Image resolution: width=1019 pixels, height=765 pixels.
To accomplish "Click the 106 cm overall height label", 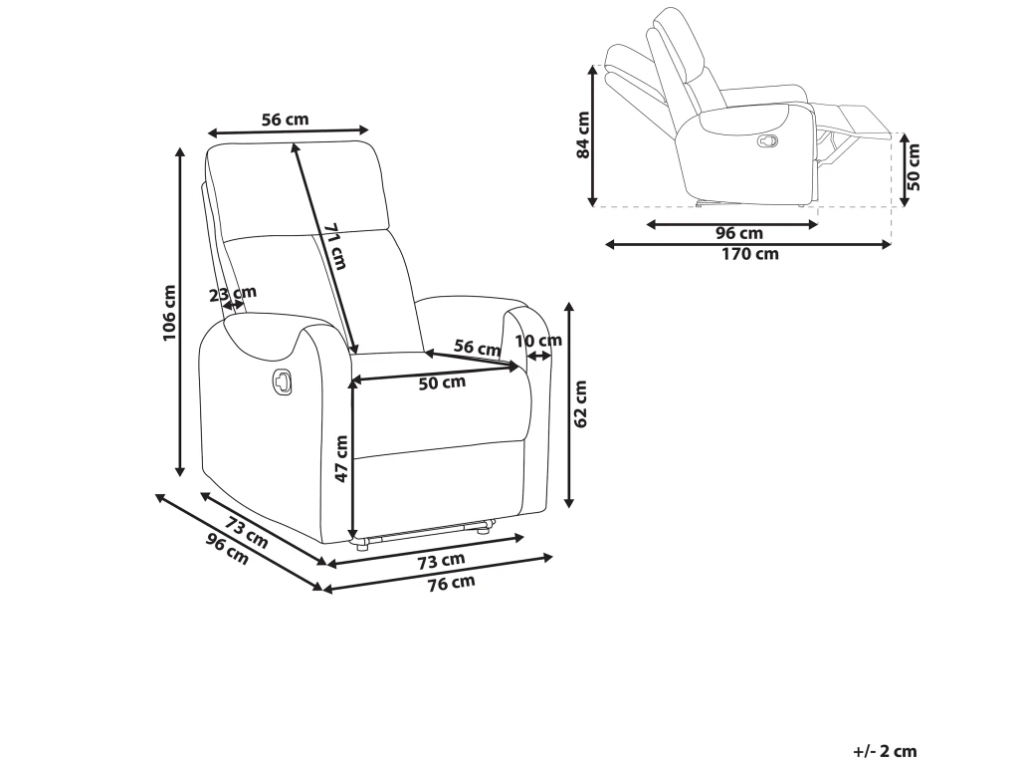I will tap(168, 313).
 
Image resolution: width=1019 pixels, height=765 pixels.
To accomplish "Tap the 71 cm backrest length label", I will tap(335, 245).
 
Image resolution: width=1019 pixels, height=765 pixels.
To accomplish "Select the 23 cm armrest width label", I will tap(233, 293).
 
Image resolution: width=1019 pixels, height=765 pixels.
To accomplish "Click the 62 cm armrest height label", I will tap(582, 403).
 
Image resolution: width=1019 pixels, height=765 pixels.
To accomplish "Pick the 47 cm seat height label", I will tap(340, 459).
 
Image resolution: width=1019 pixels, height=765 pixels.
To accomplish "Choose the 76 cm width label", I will tap(452, 583).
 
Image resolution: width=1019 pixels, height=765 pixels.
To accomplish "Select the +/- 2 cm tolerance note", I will tap(885, 752).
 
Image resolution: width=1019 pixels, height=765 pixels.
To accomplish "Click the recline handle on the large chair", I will tap(281, 381).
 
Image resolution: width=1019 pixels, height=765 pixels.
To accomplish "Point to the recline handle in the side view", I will tap(767, 141).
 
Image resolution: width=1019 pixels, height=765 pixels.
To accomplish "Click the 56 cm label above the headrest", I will tap(285, 120).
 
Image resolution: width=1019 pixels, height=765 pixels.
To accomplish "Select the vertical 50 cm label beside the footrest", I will tap(914, 166).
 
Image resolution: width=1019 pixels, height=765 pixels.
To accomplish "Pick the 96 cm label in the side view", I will tap(739, 233).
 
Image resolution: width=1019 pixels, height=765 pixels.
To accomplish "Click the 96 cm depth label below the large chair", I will tap(227, 549).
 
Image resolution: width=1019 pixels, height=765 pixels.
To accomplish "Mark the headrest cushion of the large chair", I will tap(299, 189).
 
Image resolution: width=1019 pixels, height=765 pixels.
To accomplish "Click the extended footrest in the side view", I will tap(856, 120).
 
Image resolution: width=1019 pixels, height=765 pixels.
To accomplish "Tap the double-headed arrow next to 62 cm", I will tap(569, 403).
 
